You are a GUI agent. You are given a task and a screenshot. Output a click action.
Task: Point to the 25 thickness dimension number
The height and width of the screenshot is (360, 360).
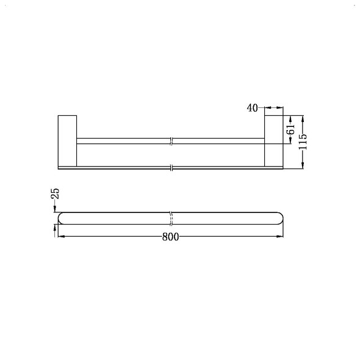[55, 193]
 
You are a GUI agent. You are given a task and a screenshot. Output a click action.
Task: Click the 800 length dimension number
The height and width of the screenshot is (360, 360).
[171, 237]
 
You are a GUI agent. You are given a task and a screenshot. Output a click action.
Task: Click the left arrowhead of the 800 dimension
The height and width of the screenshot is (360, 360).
[60, 237]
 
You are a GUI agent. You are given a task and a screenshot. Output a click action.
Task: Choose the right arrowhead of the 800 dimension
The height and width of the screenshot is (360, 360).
[281, 237]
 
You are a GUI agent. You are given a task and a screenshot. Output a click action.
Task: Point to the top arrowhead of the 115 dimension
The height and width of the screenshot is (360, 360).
[304, 117]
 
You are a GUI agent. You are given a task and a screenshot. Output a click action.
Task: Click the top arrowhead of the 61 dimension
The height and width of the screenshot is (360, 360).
[291, 117]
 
